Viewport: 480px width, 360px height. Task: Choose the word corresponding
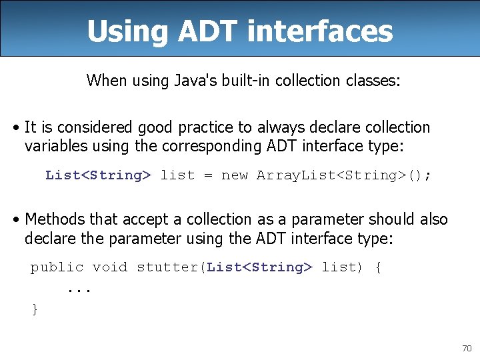[228, 146]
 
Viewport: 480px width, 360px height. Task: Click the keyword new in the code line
[234, 175]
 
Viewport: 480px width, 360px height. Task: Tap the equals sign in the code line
[208, 175]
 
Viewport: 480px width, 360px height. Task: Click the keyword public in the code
[57, 267]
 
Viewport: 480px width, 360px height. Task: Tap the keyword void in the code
[109, 267]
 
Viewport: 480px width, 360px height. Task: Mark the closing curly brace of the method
[35, 309]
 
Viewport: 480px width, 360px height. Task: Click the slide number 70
[466, 349]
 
